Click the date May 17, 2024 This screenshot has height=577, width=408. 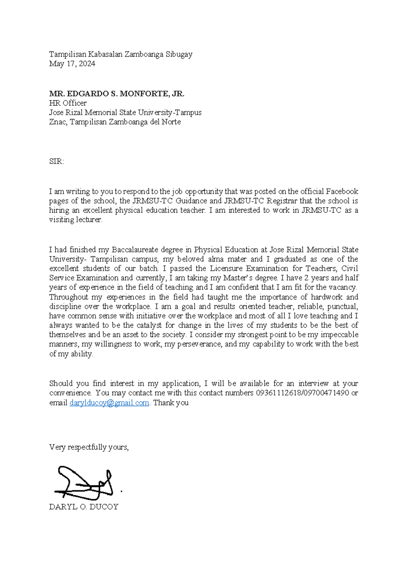(x=72, y=64)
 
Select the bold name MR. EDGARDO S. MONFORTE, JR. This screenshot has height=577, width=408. (x=117, y=94)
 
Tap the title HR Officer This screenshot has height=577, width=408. (x=68, y=103)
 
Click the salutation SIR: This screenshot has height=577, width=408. (x=56, y=161)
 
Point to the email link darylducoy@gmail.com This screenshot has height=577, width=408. (x=109, y=403)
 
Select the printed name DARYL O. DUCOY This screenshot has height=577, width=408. (x=84, y=507)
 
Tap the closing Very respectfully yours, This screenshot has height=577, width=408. (x=89, y=447)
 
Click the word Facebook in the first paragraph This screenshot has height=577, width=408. (x=342, y=191)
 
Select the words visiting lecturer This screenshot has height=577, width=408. (x=75, y=220)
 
